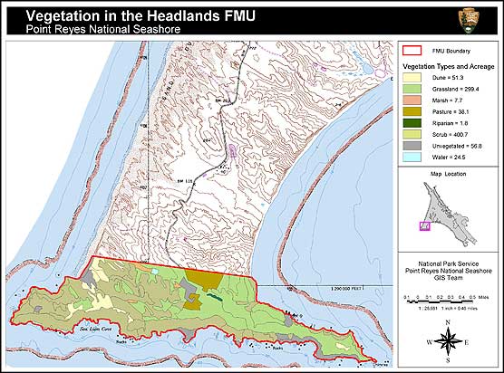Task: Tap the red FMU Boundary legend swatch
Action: [412, 52]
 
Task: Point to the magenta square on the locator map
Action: [424, 226]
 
